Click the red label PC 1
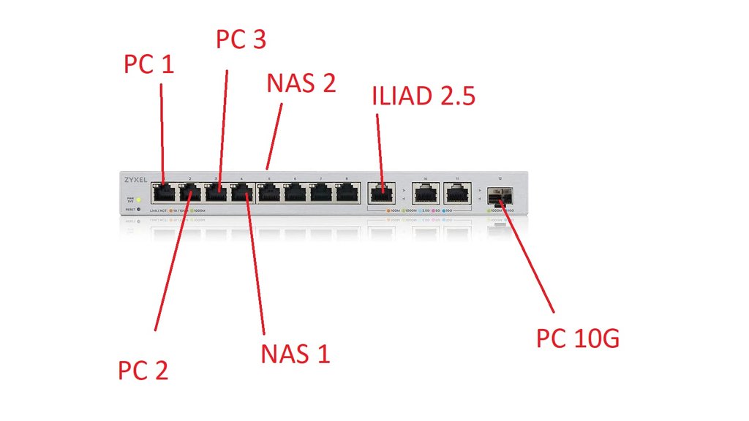pos(149,64)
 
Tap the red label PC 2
pos(143,370)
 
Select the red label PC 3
pos(241,39)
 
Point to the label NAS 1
pos(296,354)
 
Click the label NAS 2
pos(301,83)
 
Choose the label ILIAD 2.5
pos(424,96)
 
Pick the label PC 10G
pos(578,338)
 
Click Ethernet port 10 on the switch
pos(425,193)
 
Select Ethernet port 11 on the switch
pos(456,193)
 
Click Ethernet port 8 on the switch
pos(347,193)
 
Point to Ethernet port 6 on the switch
pos(295,193)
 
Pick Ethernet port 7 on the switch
pos(321,193)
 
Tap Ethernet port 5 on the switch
pos(268,193)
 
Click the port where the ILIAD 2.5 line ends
pos(380,193)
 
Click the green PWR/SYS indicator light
pos(139,199)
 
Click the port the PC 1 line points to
pos(164,193)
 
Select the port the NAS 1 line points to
pos(242,193)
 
